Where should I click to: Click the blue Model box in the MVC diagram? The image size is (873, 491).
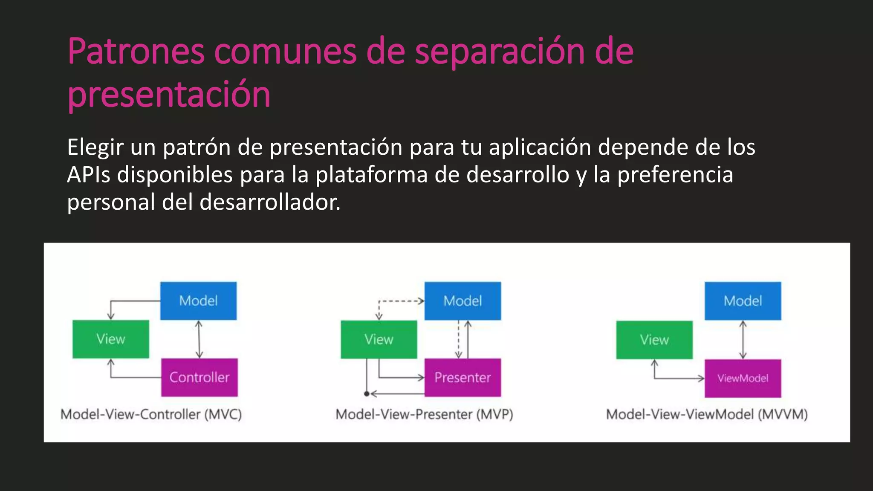pyautogui.click(x=198, y=300)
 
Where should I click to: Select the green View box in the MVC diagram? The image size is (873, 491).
pyautogui.click(x=111, y=339)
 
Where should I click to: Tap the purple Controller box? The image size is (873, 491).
pyautogui.click(x=199, y=377)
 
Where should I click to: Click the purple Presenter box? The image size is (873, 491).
pyautogui.click(x=463, y=378)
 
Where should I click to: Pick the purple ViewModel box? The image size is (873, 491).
pyautogui.click(x=743, y=378)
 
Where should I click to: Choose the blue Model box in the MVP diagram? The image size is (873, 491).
pyautogui.click(x=463, y=300)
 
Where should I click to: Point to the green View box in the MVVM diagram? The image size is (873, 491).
pyautogui.click(x=654, y=340)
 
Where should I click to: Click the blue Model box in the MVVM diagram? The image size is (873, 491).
pyautogui.click(x=743, y=300)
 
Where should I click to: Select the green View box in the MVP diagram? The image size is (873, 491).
pyautogui.click(x=379, y=339)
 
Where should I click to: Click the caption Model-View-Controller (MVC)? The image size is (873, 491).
pyautogui.click(x=151, y=414)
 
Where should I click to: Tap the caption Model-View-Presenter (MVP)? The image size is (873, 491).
pyautogui.click(x=424, y=414)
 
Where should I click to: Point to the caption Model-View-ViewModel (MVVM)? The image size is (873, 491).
pyautogui.click(x=707, y=414)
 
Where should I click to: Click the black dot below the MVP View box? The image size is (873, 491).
pyautogui.click(x=367, y=394)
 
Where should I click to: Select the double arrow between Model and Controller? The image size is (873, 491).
pyautogui.click(x=199, y=339)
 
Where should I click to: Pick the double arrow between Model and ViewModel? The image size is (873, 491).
pyautogui.click(x=743, y=340)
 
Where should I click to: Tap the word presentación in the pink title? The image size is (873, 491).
pyautogui.click(x=169, y=94)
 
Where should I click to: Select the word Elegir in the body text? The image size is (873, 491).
pyautogui.click(x=95, y=147)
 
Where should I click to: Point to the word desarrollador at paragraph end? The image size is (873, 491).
pyautogui.click(x=269, y=202)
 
